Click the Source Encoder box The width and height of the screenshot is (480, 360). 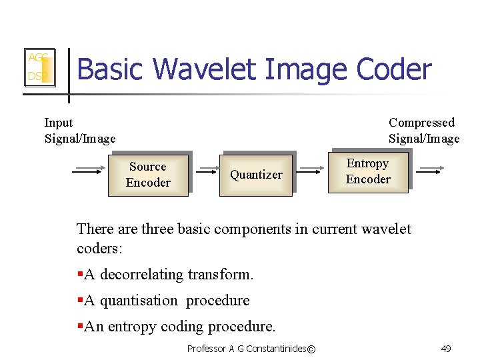[x=148, y=175]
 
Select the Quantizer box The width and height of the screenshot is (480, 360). [x=257, y=175]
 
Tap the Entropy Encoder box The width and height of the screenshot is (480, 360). [x=368, y=171]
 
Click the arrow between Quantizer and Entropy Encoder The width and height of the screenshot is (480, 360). [x=310, y=170]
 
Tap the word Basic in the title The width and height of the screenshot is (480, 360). [x=111, y=69]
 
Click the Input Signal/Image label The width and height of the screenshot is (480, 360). [x=79, y=131]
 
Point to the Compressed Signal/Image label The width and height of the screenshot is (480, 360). [x=424, y=131]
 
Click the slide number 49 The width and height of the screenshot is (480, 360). [x=446, y=349]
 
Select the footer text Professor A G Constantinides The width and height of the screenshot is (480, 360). [x=246, y=349]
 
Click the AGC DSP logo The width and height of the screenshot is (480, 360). [x=39, y=67]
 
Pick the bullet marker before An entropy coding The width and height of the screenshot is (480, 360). [x=80, y=327]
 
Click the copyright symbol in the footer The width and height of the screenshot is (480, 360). [x=312, y=349]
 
